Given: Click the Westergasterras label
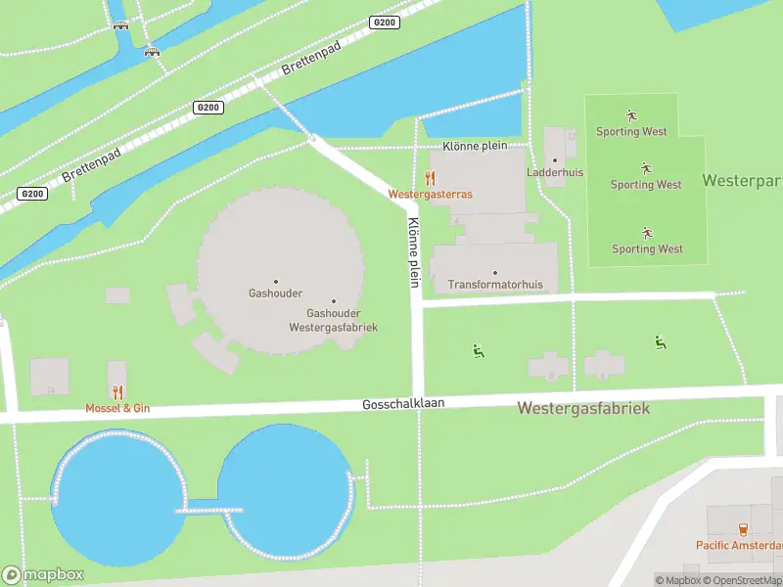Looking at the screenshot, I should (x=430, y=195).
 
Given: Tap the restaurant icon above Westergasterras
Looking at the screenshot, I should (x=430, y=177).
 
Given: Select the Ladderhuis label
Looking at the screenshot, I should (x=555, y=172).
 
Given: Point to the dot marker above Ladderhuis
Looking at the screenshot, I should (x=555, y=159).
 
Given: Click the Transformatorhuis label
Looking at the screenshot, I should (x=494, y=286).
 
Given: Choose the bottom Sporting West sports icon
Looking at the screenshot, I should (x=646, y=233).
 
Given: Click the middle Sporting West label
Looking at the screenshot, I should (x=646, y=185).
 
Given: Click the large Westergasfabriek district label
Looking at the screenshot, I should (x=583, y=408).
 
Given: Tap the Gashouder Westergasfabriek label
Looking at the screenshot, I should (x=334, y=320).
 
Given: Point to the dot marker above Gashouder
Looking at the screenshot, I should (x=275, y=282).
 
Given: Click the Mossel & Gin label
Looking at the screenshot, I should (x=116, y=407).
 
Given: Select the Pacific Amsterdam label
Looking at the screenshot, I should (x=739, y=545).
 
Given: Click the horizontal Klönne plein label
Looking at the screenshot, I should (x=475, y=145).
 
